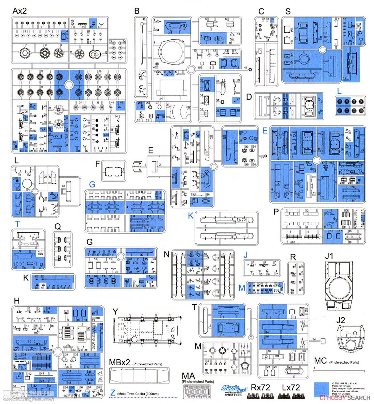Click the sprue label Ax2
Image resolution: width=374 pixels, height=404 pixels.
pyautogui.click(x=20, y=11)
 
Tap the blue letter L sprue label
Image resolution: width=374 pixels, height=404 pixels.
pyautogui.click(x=339, y=91)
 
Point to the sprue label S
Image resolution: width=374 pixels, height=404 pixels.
pyautogui.click(x=288, y=11)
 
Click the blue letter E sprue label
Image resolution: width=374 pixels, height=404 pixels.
pyautogui.click(x=265, y=130)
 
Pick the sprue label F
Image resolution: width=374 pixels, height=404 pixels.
pyautogui.click(x=97, y=164)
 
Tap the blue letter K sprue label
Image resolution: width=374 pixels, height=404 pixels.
pyautogui.click(x=191, y=216)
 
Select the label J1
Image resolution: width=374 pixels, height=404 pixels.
pyautogui.click(x=329, y=256)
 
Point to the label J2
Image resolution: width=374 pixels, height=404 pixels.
pyautogui.click(x=341, y=320)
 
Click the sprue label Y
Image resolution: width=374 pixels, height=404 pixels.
pyautogui.click(x=115, y=312)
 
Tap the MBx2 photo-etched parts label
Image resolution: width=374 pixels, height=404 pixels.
pyautogui.click(x=120, y=362)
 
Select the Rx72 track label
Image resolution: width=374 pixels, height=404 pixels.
pyautogui.click(x=260, y=388)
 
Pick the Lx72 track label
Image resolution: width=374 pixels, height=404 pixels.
pyautogui.click(x=291, y=388)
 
